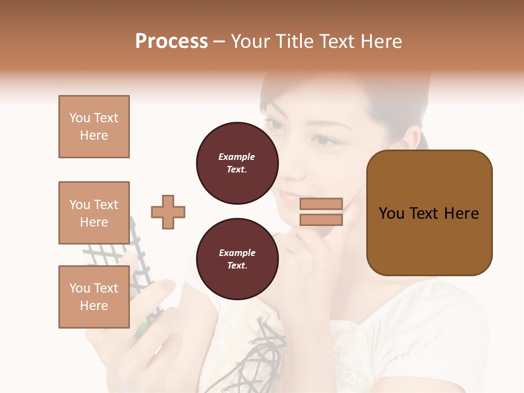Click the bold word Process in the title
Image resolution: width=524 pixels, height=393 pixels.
coord(171,41)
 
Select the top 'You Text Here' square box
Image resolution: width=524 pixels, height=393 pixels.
coord(94,127)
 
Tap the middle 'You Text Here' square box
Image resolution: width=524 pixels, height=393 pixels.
coord(94,213)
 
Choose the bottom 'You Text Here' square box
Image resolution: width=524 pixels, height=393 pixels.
coord(94,297)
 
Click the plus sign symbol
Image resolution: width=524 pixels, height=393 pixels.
coord(168,212)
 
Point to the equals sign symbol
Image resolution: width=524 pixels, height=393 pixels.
coord(321,212)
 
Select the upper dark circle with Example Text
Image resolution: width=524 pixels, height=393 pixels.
coord(237,163)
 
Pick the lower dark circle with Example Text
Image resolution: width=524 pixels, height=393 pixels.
coord(237,259)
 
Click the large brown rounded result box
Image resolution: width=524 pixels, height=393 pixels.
coord(429,213)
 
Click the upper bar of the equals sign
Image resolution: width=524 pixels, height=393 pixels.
coord(321,204)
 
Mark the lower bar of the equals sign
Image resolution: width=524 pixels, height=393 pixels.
coord(321,220)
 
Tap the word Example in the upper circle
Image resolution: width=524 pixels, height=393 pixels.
coord(237,157)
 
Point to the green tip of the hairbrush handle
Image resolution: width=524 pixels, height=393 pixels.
coord(141,329)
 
